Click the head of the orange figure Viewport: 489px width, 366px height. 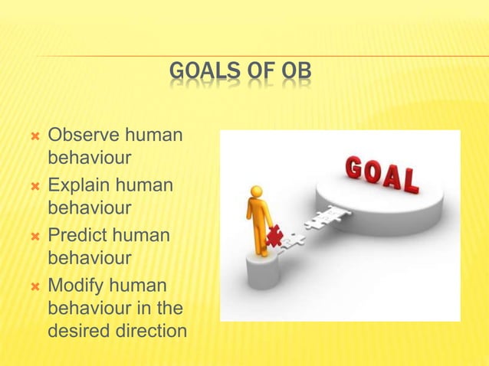click(257, 191)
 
